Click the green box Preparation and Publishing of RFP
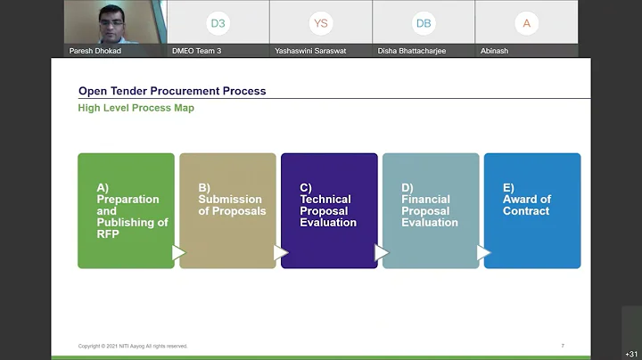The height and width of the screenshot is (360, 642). click(x=126, y=210)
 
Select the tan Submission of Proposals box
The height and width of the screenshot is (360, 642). click(x=227, y=210)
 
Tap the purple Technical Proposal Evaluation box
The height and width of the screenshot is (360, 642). click(x=329, y=210)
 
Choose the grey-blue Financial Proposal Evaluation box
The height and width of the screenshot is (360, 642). click(x=431, y=210)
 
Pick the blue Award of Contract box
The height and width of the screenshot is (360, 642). click(x=532, y=210)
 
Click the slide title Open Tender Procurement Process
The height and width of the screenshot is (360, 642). click(x=172, y=91)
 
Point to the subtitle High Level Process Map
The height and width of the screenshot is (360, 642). click(x=136, y=108)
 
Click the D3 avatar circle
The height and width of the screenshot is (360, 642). click(x=218, y=23)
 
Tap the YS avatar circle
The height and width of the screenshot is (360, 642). click(x=321, y=23)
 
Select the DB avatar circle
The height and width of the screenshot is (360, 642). click(x=424, y=23)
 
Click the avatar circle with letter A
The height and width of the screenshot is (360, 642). click(x=526, y=23)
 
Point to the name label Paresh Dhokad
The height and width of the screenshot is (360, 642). click(x=95, y=51)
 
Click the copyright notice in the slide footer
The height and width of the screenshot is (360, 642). click(x=133, y=346)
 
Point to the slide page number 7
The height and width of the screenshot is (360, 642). click(x=563, y=345)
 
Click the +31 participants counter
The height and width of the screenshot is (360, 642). click(x=631, y=354)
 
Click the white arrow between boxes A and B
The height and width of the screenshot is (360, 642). click(x=178, y=253)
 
